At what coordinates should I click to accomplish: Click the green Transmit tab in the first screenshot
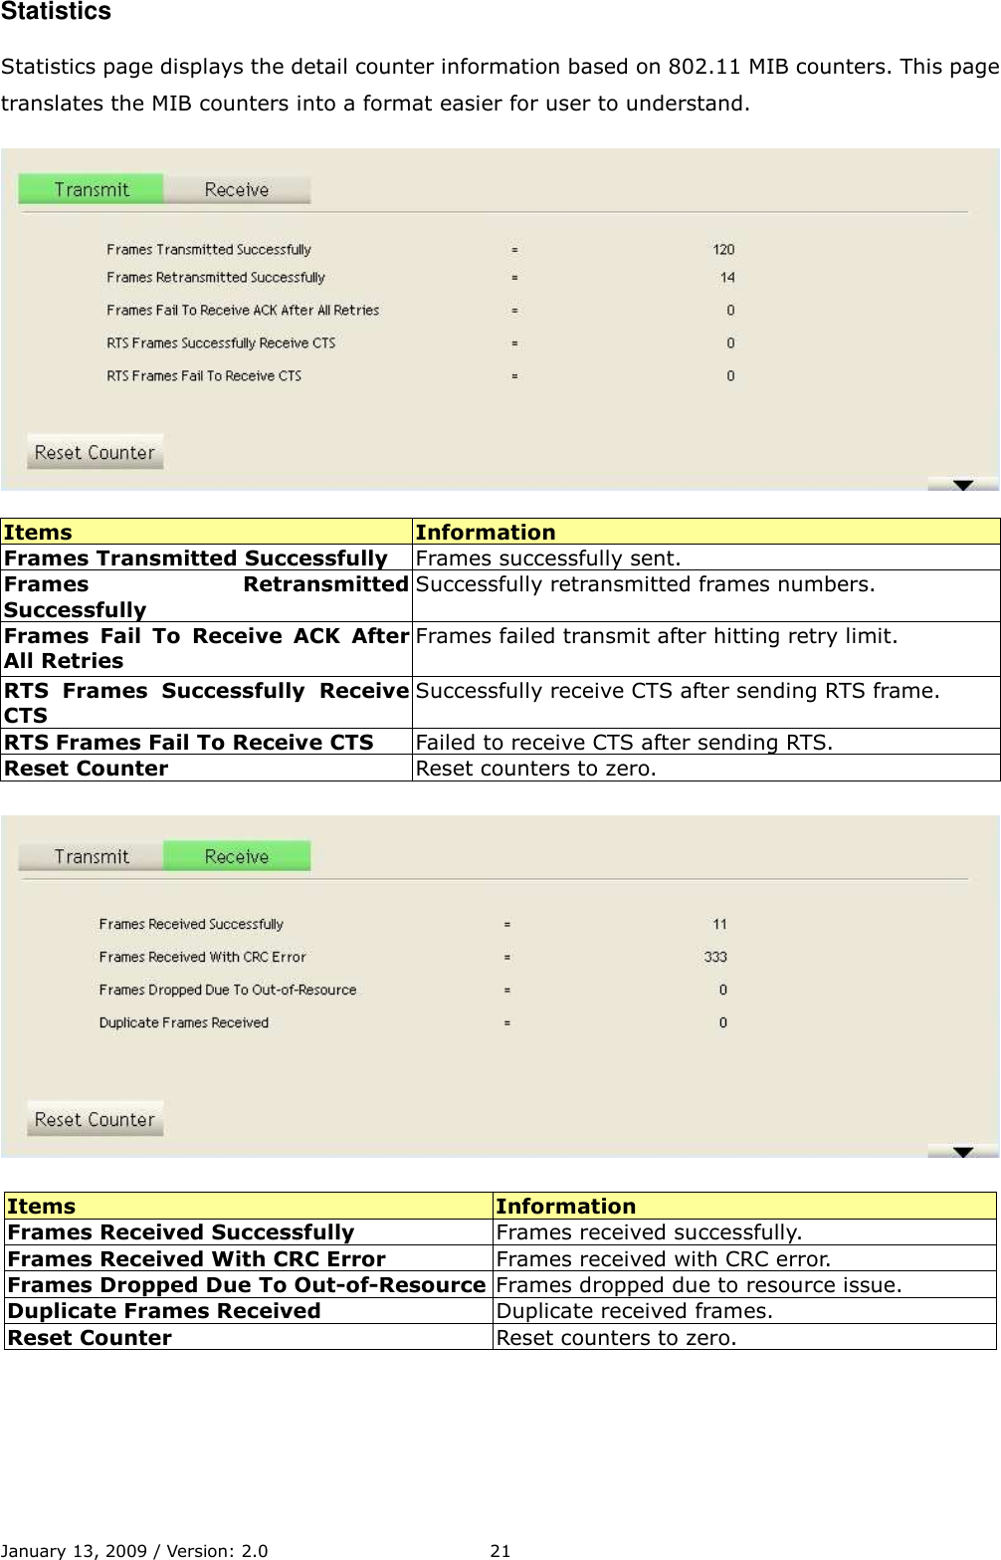point(91,189)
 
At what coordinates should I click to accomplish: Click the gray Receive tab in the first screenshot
point(237,189)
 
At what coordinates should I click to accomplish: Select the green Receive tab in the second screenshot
point(237,856)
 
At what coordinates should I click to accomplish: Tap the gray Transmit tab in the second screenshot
point(91,856)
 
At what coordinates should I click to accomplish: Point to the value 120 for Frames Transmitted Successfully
point(723,250)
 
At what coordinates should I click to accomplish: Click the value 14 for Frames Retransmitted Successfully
point(727,278)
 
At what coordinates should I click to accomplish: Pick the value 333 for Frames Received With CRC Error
point(715,957)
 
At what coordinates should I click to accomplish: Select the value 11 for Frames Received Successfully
point(719,924)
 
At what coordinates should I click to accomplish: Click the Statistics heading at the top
point(56,12)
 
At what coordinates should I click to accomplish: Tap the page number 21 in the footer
point(500,1550)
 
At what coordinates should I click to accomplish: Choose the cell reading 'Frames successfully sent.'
point(548,558)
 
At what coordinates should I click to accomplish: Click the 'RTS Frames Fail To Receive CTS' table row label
point(189,743)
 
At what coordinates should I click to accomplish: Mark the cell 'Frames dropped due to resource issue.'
point(699,1285)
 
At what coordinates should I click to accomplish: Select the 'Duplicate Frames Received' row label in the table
point(164,1311)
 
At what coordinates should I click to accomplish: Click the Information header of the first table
point(486,533)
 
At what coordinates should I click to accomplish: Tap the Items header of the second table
point(42,1207)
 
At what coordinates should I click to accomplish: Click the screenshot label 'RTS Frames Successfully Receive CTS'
point(221,343)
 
